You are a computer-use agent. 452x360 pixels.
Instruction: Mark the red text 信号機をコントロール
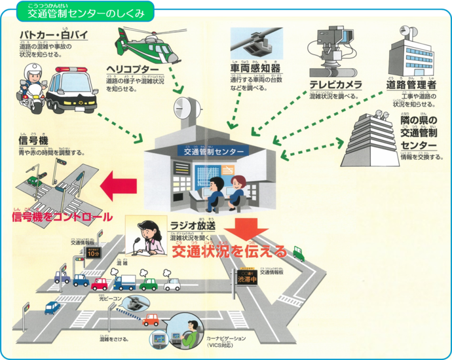(x=61, y=217)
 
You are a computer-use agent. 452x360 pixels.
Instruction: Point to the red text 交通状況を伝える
(x=229, y=251)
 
